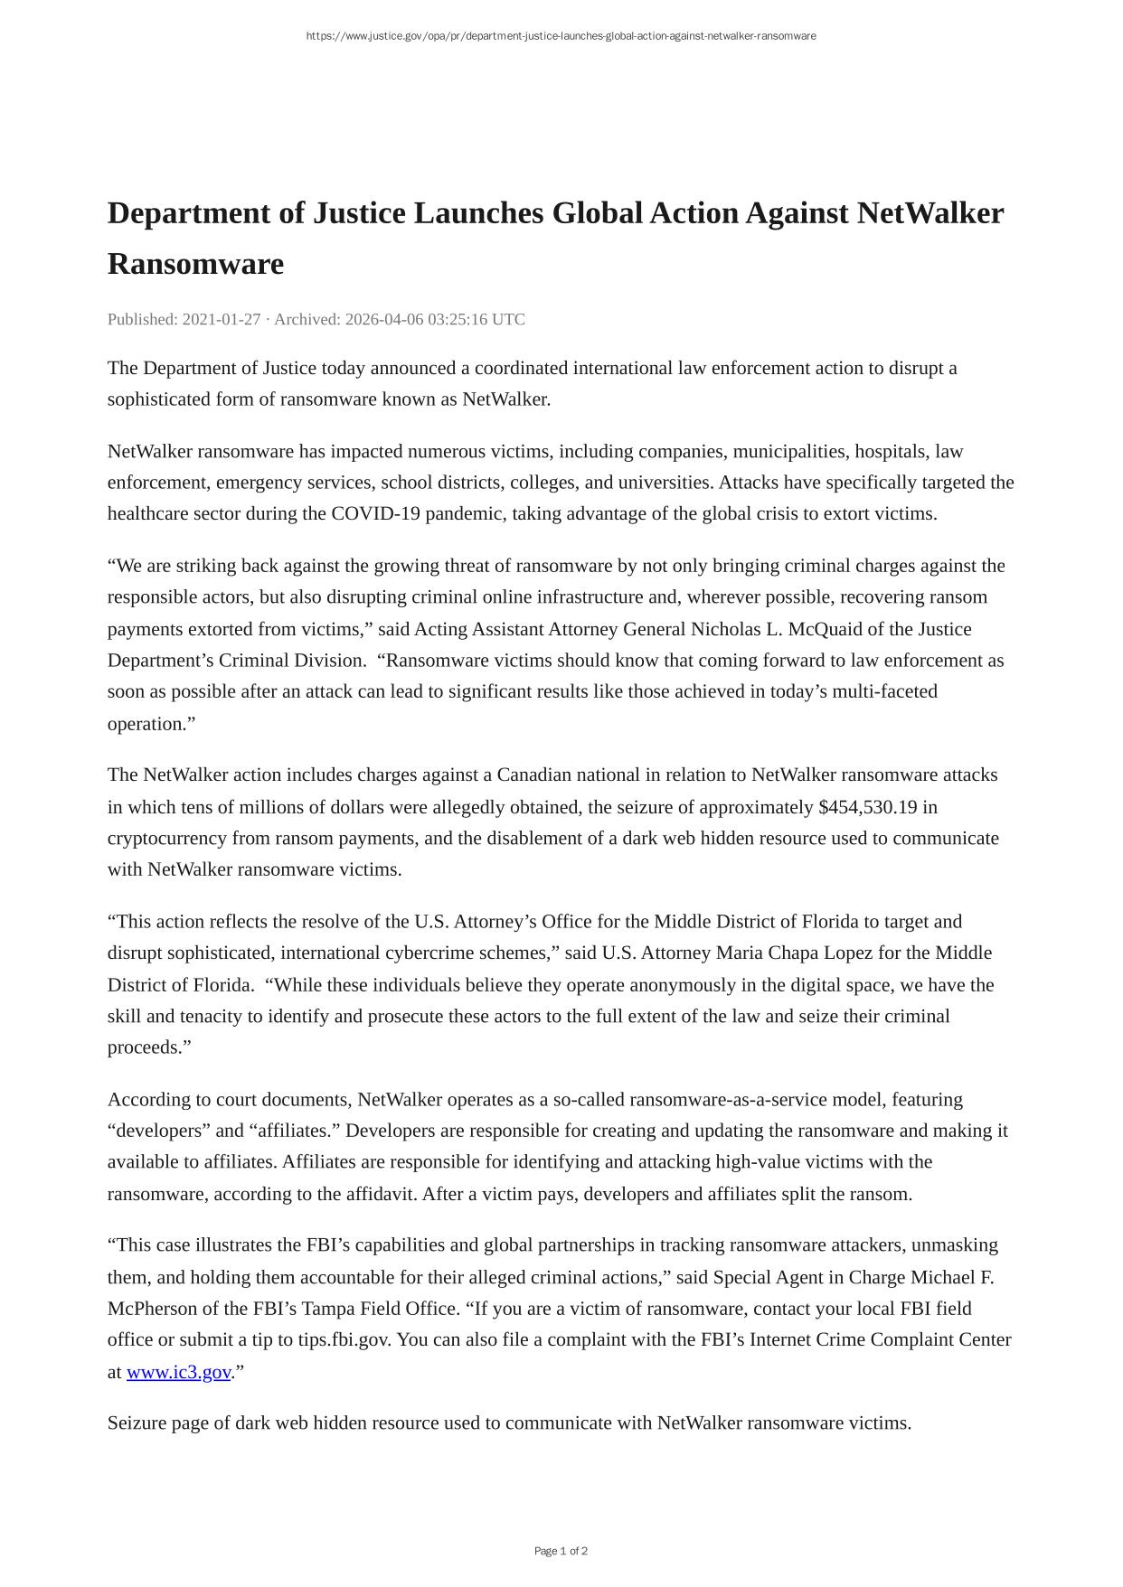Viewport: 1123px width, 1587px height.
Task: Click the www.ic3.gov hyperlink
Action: pyautogui.click(x=178, y=1372)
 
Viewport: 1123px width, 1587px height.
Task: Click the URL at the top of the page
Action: pyautogui.click(x=561, y=36)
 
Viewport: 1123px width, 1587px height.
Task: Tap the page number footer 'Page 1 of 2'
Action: pyautogui.click(x=561, y=1551)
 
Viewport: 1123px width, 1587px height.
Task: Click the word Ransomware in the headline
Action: pyautogui.click(x=195, y=264)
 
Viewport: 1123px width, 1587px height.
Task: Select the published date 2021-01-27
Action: pyautogui.click(x=222, y=319)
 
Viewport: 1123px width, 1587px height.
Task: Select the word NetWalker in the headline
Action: pyautogui.click(x=930, y=213)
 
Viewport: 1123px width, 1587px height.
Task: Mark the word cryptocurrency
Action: pyautogui.click(x=167, y=839)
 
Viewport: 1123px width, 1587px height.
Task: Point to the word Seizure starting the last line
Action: pyautogui.click(x=137, y=1423)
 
